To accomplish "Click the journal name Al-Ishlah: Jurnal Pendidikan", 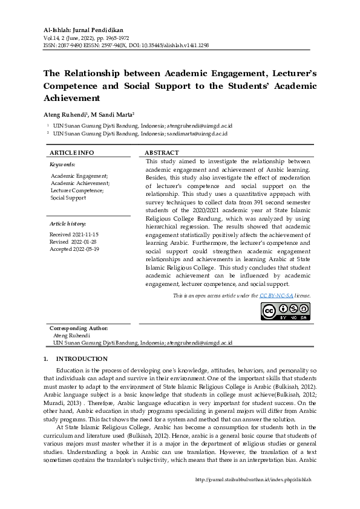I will (83, 29).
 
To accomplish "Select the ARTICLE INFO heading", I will (71, 153).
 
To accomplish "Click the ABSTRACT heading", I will (162, 153).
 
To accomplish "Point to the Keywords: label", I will (62, 164).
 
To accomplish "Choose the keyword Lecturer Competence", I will (77, 190).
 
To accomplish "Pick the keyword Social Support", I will (68, 198).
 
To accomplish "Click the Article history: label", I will (68, 224).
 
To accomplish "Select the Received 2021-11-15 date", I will (74, 234).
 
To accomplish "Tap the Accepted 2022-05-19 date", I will (74, 248).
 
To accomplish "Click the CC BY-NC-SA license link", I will (277, 296).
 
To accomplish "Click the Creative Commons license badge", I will (285, 310).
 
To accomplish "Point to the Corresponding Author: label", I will (79, 328).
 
